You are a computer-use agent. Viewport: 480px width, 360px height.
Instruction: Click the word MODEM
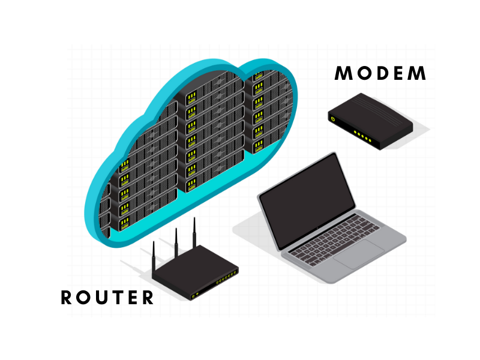[x=380, y=74]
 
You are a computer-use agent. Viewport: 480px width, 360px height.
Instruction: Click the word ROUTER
[x=107, y=298]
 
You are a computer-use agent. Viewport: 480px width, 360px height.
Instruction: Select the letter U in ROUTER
[x=107, y=298]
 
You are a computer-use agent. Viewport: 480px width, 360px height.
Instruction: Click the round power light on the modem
[x=332, y=120]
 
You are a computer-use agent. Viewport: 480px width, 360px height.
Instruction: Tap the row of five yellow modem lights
[x=362, y=136]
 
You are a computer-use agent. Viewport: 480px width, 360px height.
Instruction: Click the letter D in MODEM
[x=380, y=74]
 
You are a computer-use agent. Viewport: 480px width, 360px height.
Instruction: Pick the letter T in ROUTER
[x=125, y=298]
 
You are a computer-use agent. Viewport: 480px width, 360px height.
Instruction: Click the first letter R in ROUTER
[x=68, y=298]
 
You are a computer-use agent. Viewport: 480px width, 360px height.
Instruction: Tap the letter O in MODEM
[x=362, y=74]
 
